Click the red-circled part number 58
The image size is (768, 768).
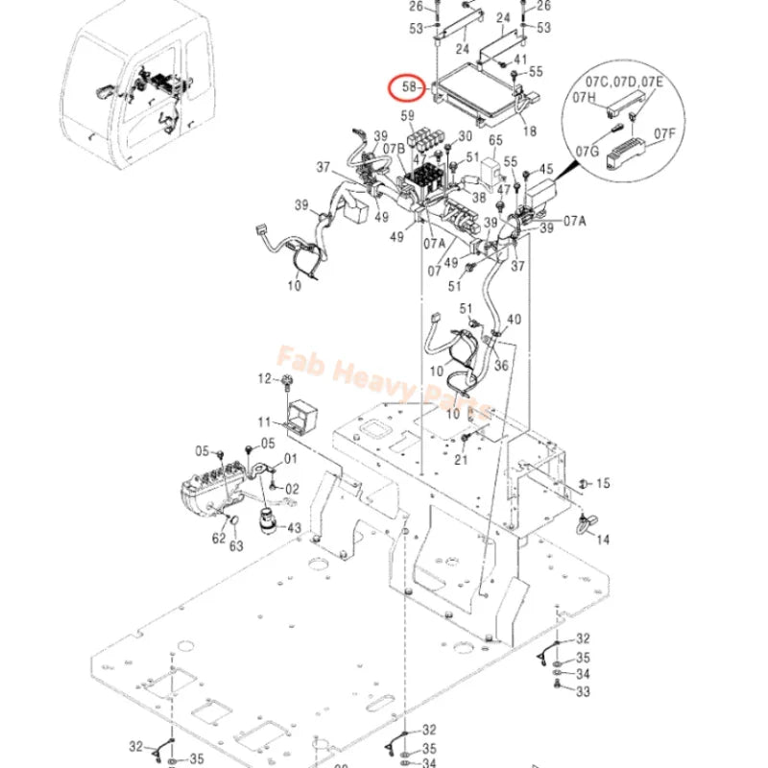(x=409, y=87)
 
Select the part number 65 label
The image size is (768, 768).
(x=495, y=140)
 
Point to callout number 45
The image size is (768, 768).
(x=547, y=171)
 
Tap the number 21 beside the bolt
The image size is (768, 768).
(x=461, y=461)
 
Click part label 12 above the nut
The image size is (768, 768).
(x=265, y=380)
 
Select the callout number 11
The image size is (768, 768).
(x=265, y=421)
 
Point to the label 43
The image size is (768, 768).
(x=293, y=528)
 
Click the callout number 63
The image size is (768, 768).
(x=236, y=546)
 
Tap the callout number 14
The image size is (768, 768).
(x=602, y=540)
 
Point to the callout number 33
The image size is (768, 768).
(x=584, y=689)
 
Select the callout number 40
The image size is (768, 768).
(x=515, y=319)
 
